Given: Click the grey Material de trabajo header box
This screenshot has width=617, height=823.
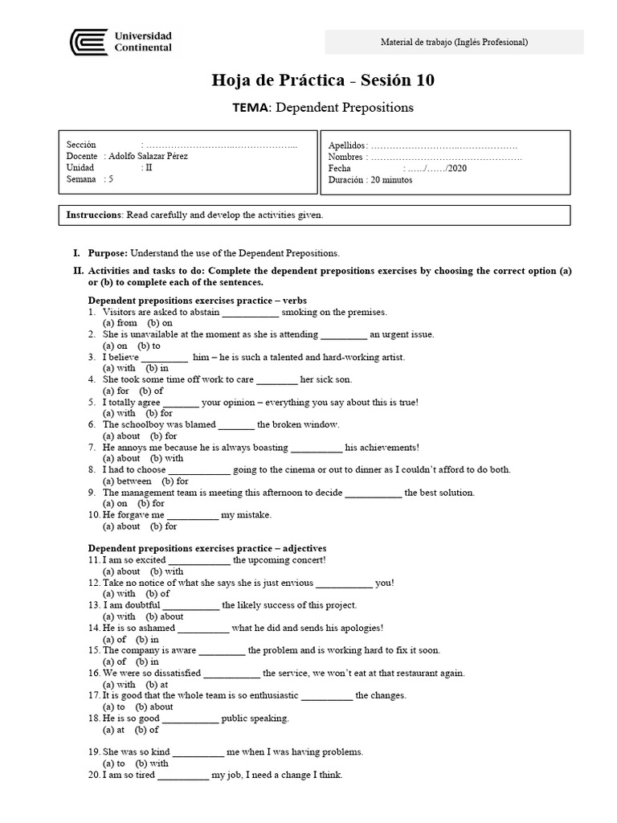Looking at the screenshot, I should click(x=454, y=42).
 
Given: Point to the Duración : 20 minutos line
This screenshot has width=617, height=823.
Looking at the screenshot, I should click(x=370, y=180).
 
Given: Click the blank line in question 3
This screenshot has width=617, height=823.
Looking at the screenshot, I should click(x=165, y=357).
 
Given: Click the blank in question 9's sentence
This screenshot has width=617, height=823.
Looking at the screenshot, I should click(x=374, y=493).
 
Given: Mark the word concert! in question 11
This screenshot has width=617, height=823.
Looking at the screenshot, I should click(x=304, y=560).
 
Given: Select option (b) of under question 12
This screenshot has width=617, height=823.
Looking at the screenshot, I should click(x=157, y=594).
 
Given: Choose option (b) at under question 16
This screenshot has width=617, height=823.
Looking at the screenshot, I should click(x=157, y=684).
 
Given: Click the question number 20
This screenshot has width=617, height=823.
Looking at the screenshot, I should click(x=95, y=775).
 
